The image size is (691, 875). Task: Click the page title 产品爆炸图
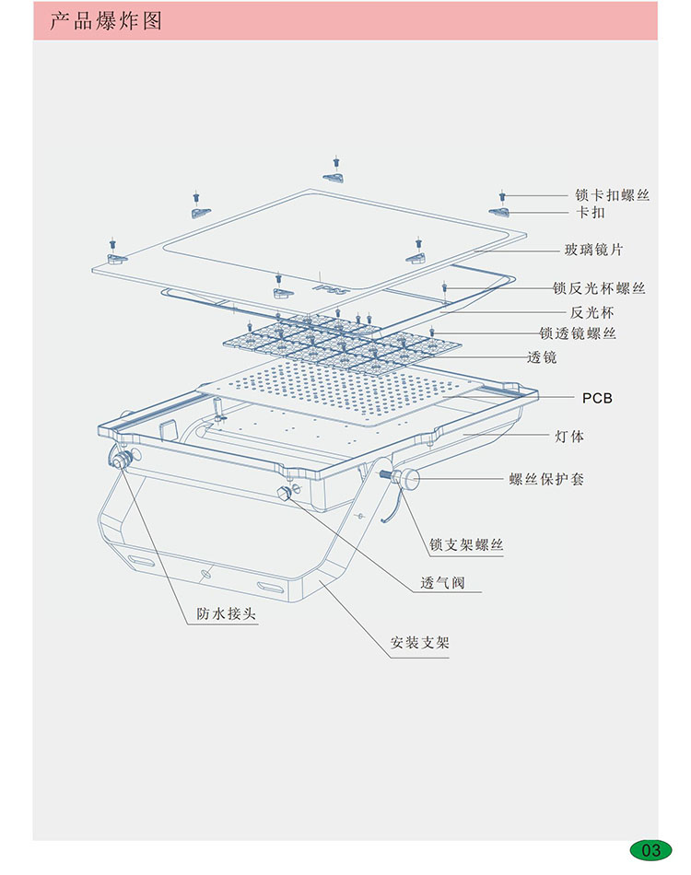105,20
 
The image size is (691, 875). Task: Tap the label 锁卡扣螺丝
612,195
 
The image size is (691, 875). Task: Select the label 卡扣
591,213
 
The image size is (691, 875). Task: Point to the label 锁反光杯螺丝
599,288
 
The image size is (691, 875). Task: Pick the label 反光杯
591,312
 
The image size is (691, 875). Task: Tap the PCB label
597,398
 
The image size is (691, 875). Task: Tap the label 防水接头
226,614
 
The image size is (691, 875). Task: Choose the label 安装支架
420,643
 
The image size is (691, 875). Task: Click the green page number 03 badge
651,849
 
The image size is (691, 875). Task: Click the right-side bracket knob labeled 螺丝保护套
405,477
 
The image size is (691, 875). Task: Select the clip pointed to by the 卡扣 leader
502,212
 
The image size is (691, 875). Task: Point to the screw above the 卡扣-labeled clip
503,195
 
